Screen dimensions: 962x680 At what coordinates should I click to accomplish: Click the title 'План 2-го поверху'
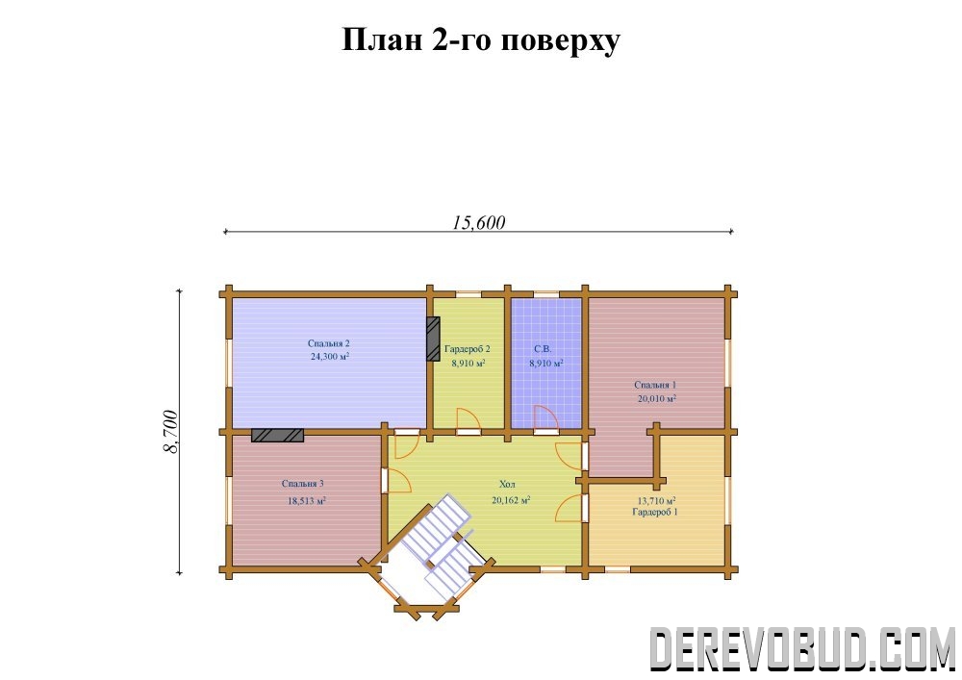pyautogui.click(x=480, y=40)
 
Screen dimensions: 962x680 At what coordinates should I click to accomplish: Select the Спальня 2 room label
pyautogui.click(x=329, y=343)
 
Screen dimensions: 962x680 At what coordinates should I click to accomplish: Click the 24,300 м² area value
pyautogui.click(x=330, y=356)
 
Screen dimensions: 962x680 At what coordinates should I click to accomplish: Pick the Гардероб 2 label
pyautogui.click(x=468, y=349)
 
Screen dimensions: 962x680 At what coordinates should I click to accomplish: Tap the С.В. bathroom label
pyautogui.click(x=543, y=349)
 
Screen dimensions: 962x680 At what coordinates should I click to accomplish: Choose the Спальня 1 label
pyautogui.click(x=655, y=385)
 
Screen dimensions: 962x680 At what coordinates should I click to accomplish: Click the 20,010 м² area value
pyautogui.click(x=657, y=398)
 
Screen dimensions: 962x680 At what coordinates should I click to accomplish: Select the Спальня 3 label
pyautogui.click(x=302, y=484)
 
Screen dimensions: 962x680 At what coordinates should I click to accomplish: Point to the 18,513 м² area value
pyautogui.click(x=307, y=501)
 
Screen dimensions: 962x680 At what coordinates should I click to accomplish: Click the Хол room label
pyautogui.click(x=507, y=485)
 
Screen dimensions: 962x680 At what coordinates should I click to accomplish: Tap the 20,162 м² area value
pyautogui.click(x=511, y=500)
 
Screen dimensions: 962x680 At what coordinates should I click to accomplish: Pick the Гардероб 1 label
pyautogui.click(x=655, y=512)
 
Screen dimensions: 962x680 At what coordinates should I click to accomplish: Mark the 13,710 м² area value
pyautogui.click(x=657, y=500)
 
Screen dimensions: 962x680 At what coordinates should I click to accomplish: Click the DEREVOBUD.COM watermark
pyautogui.click(x=802, y=648)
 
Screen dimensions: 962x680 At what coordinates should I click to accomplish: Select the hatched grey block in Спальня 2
pyautogui.click(x=434, y=340)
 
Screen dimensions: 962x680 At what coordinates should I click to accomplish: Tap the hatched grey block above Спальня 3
pyautogui.click(x=277, y=435)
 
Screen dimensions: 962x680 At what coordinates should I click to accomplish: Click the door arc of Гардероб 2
pyautogui.click(x=468, y=418)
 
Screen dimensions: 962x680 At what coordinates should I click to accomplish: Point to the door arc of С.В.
pyautogui.click(x=545, y=417)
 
